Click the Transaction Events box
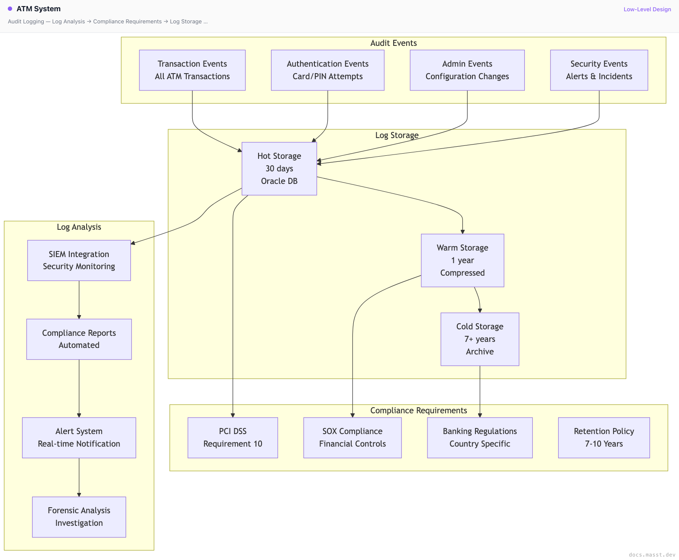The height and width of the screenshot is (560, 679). (x=192, y=70)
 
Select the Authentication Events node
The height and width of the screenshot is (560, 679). (x=327, y=70)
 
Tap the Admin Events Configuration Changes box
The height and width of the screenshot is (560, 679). (x=467, y=70)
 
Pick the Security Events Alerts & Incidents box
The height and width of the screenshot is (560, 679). (x=599, y=70)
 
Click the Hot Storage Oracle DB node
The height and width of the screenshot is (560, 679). (x=279, y=169)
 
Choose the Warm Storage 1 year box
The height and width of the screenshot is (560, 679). (x=462, y=261)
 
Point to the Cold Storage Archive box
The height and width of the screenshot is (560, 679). (x=480, y=339)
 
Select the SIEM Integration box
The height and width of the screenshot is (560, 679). (x=79, y=261)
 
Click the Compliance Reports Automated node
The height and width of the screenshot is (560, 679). (x=79, y=339)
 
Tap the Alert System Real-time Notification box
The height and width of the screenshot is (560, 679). (x=79, y=438)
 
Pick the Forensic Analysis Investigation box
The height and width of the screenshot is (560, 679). (x=79, y=517)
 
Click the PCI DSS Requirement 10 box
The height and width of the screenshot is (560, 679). (x=233, y=438)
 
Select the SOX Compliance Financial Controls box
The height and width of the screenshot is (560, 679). (x=352, y=438)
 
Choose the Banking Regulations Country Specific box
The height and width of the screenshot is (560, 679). (x=480, y=438)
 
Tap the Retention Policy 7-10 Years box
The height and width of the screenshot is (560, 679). (x=604, y=438)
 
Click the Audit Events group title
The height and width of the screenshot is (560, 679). (x=394, y=43)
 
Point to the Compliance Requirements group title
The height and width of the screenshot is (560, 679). (x=418, y=411)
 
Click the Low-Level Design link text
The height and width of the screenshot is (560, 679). (x=647, y=10)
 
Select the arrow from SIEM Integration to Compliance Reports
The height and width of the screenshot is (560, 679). (x=79, y=299)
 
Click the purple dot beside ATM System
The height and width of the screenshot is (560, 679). (x=10, y=9)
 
